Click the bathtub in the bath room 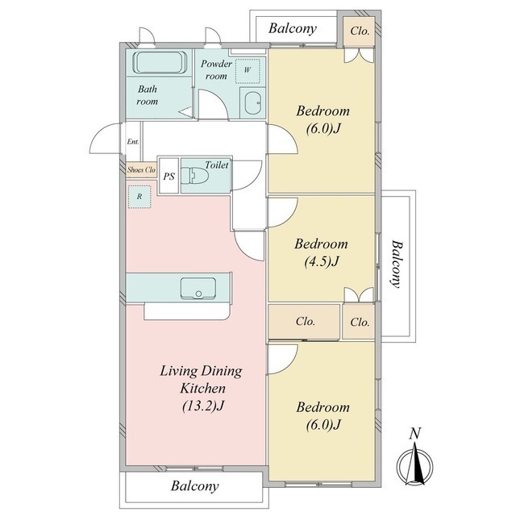tap(160, 63)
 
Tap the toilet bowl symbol tap(195, 175)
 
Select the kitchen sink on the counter tap(198, 289)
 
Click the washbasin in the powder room tap(252, 103)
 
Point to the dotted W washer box tap(248, 71)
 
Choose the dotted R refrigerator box tap(139, 197)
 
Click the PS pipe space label tap(169, 177)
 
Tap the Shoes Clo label tap(142, 170)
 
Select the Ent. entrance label tap(133, 142)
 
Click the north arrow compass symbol tap(414, 465)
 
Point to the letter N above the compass tap(415, 434)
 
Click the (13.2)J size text tap(203, 406)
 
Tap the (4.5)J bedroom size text tap(321, 261)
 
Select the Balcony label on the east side tap(397, 264)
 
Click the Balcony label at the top tap(293, 29)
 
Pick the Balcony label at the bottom tap(195, 485)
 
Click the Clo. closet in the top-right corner tap(359, 31)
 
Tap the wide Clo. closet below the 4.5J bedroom tap(305, 321)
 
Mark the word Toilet tap(217, 164)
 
